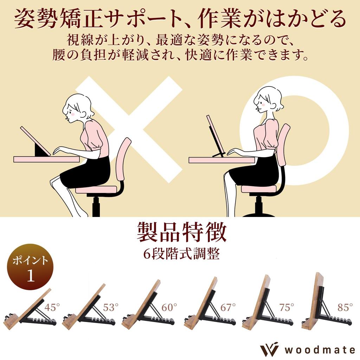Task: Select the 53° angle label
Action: click(x=109, y=308)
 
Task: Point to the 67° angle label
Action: click(x=228, y=308)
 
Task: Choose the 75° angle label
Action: click(x=287, y=308)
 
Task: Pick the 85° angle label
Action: click(x=345, y=308)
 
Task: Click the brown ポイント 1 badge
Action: click(x=30, y=266)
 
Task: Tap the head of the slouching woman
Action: click(x=77, y=107)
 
